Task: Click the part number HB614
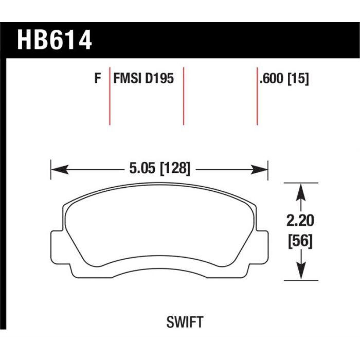pos(55,39)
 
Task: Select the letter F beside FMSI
pos(98,78)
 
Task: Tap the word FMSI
pos(127,78)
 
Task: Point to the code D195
pos(159,78)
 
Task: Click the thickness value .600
pos(271,78)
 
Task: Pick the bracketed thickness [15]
pos(298,78)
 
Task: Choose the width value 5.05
pos(141,168)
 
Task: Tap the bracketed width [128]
pos(175,168)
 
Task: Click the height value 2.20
pos(300,221)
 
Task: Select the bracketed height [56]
pos(300,241)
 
